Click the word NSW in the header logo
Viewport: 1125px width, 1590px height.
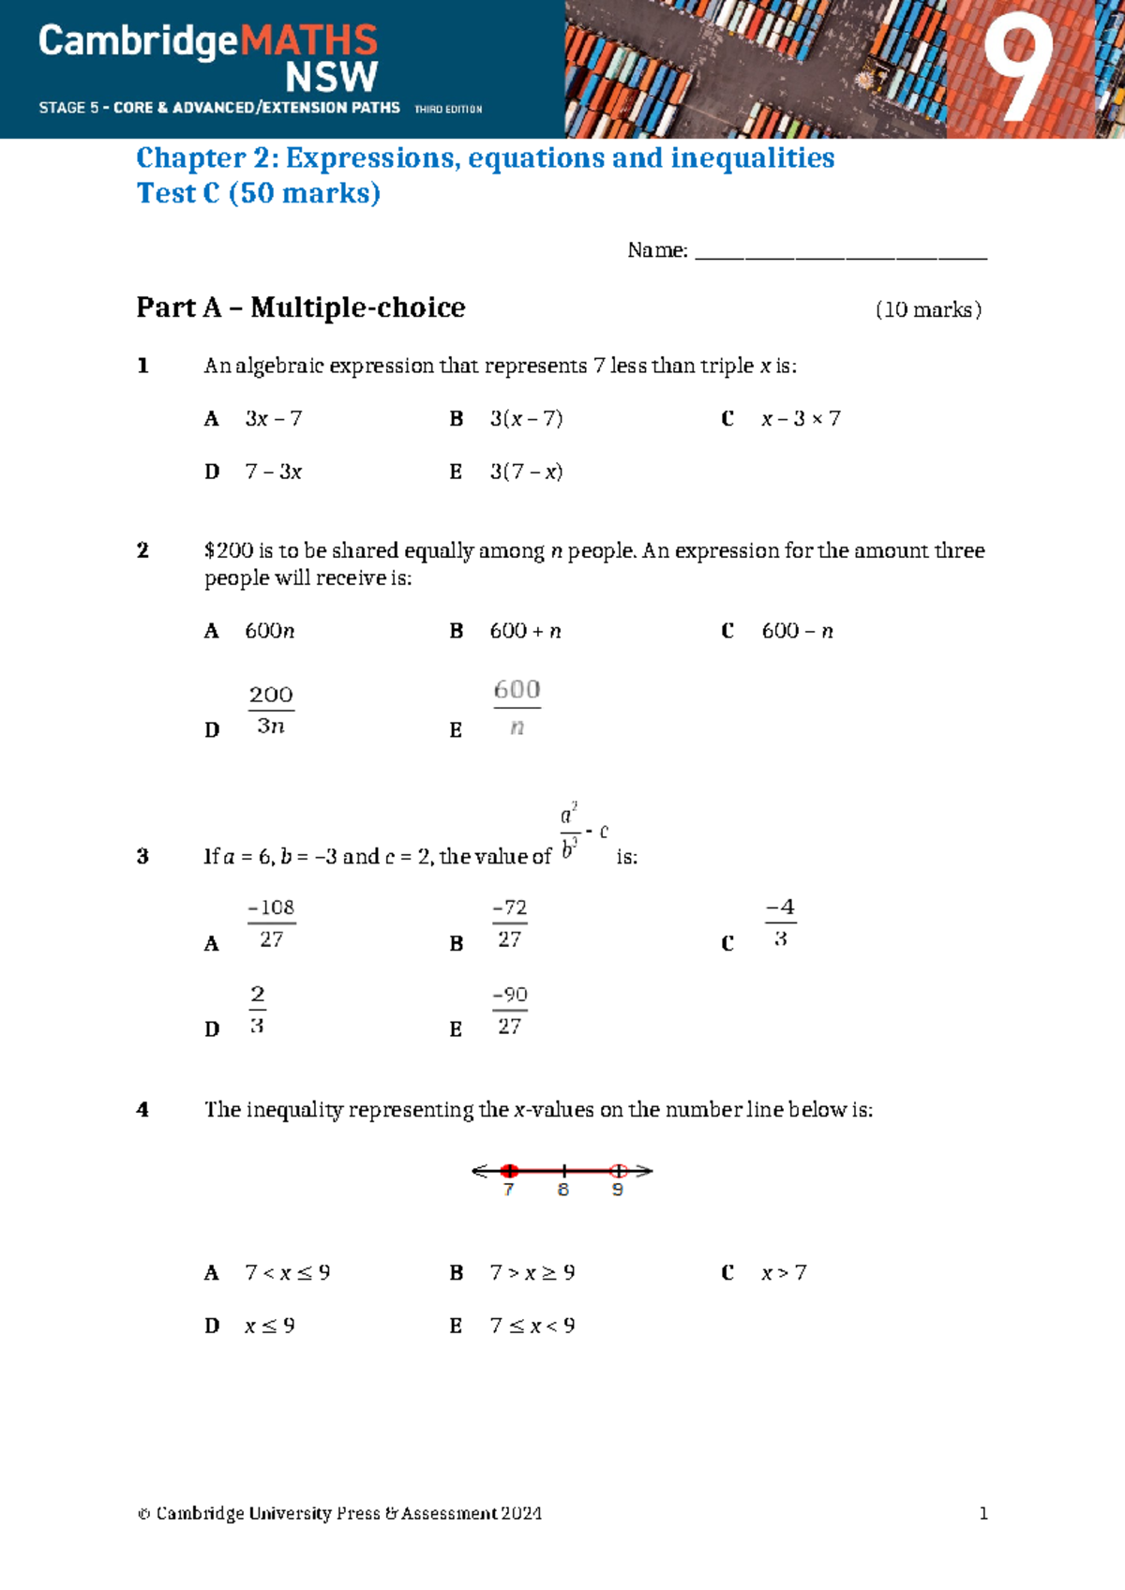click(331, 77)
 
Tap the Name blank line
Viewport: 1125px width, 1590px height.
click(840, 253)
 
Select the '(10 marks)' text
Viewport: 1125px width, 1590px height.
click(928, 310)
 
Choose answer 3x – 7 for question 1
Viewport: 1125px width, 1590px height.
click(273, 419)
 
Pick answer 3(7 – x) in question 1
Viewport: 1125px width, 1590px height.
click(526, 472)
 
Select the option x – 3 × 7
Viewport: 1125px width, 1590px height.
click(801, 419)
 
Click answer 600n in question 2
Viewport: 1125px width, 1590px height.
click(269, 631)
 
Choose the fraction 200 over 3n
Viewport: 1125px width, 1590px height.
click(271, 710)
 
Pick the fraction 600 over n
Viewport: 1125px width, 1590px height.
click(517, 708)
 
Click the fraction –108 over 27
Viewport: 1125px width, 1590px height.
click(271, 923)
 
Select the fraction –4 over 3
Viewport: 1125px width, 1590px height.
click(780, 923)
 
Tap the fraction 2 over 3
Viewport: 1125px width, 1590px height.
click(257, 1010)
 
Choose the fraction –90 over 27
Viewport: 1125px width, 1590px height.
click(509, 1010)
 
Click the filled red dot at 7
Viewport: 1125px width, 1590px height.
click(509, 1171)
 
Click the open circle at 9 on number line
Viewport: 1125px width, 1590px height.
click(618, 1171)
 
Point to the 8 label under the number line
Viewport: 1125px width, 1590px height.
click(563, 1190)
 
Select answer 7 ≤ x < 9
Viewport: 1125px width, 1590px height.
click(532, 1326)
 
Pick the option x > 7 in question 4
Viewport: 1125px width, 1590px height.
click(784, 1273)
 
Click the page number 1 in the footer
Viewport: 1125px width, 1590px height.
click(983, 1513)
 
